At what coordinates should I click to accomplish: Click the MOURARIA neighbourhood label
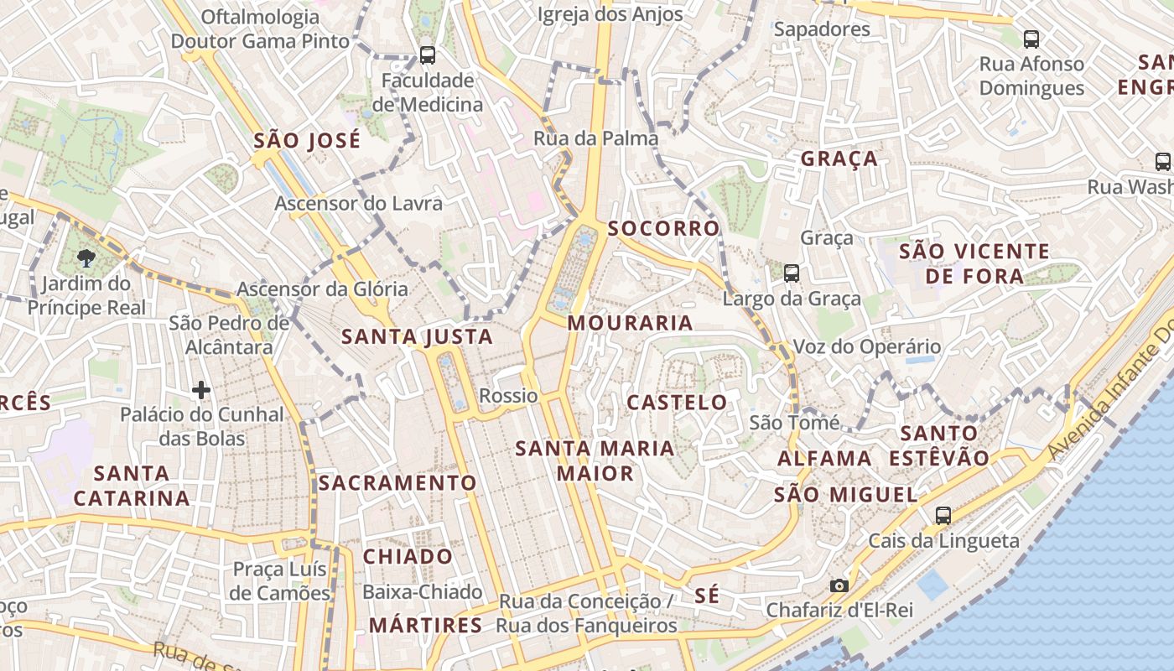(x=631, y=323)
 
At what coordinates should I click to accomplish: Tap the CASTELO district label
(x=678, y=403)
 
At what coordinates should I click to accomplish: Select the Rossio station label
(x=508, y=396)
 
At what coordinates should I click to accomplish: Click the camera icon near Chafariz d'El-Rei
(x=839, y=585)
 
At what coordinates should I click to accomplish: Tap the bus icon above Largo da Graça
(x=791, y=273)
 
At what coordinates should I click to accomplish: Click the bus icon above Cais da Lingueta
(x=943, y=516)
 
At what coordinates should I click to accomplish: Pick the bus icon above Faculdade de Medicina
(x=428, y=55)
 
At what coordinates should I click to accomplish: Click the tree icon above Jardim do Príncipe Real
(x=86, y=257)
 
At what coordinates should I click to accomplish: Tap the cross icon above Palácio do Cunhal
(x=201, y=390)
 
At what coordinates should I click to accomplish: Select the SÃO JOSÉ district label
(x=307, y=140)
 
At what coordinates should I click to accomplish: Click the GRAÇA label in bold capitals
(x=839, y=159)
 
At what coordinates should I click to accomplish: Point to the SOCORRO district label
(x=664, y=228)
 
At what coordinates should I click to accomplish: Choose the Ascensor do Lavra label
(x=359, y=203)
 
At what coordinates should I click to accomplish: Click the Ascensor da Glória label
(x=323, y=289)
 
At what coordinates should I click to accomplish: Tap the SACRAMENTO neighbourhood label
(x=397, y=483)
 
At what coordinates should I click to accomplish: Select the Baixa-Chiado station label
(x=422, y=592)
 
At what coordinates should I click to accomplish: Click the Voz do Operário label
(x=867, y=346)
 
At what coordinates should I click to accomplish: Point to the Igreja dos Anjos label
(x=610, y=14)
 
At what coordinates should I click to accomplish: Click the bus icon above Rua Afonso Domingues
(x=1031, y=39)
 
